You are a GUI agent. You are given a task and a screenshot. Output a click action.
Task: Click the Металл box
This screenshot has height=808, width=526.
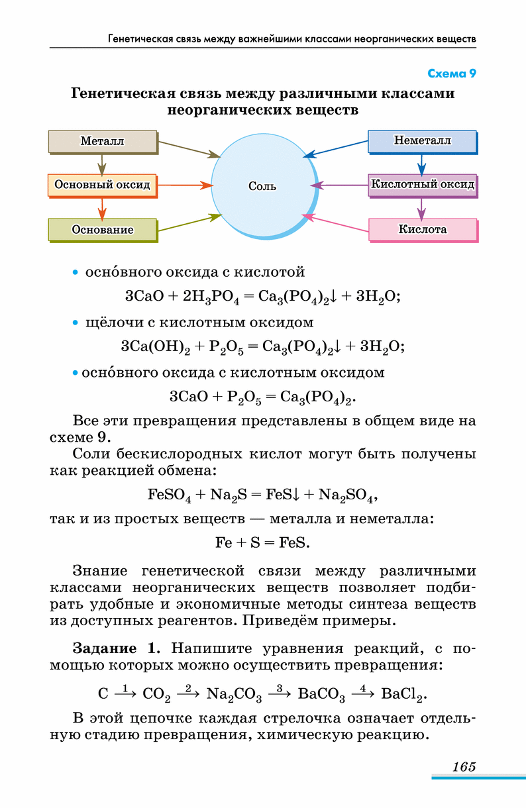tap(103, 142)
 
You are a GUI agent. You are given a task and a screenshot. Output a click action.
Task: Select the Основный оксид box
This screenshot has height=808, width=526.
tap(103, 186)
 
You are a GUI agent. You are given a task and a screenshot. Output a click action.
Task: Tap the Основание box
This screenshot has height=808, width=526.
tap(103, 230)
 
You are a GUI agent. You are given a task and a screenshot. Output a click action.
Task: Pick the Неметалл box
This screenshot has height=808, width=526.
tap(423, 142)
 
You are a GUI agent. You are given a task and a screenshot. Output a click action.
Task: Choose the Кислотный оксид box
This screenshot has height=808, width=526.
tap(423, 186)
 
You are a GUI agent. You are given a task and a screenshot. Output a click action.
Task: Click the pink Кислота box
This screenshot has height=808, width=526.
tap(423, 230)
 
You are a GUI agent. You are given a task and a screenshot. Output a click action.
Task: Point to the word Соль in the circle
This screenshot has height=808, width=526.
tap(262, 186)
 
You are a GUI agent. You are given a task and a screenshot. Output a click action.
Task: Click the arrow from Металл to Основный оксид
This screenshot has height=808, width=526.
tap(102, 165)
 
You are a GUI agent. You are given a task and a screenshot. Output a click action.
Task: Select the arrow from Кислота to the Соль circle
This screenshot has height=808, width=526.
tap(335, 223)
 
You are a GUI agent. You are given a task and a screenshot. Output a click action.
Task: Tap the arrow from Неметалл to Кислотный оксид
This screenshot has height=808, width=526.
tap(421, 165)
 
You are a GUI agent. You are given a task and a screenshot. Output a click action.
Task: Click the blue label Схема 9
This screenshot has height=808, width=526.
tap(452, 74)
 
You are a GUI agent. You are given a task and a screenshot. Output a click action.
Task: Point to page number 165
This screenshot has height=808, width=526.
tap(464, 766)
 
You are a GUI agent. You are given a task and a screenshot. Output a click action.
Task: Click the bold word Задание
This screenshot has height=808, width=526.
tap(105, 648)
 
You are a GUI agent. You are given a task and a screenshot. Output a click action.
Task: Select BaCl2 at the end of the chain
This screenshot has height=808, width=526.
tap(404, 693)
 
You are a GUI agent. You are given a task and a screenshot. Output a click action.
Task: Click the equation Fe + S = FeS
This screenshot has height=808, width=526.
tap(262, 542)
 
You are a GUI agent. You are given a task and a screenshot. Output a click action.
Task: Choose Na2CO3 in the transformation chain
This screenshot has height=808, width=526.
tap(234, 693)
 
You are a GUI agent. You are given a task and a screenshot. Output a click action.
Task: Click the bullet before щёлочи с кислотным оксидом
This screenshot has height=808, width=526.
tap(76, 323)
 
